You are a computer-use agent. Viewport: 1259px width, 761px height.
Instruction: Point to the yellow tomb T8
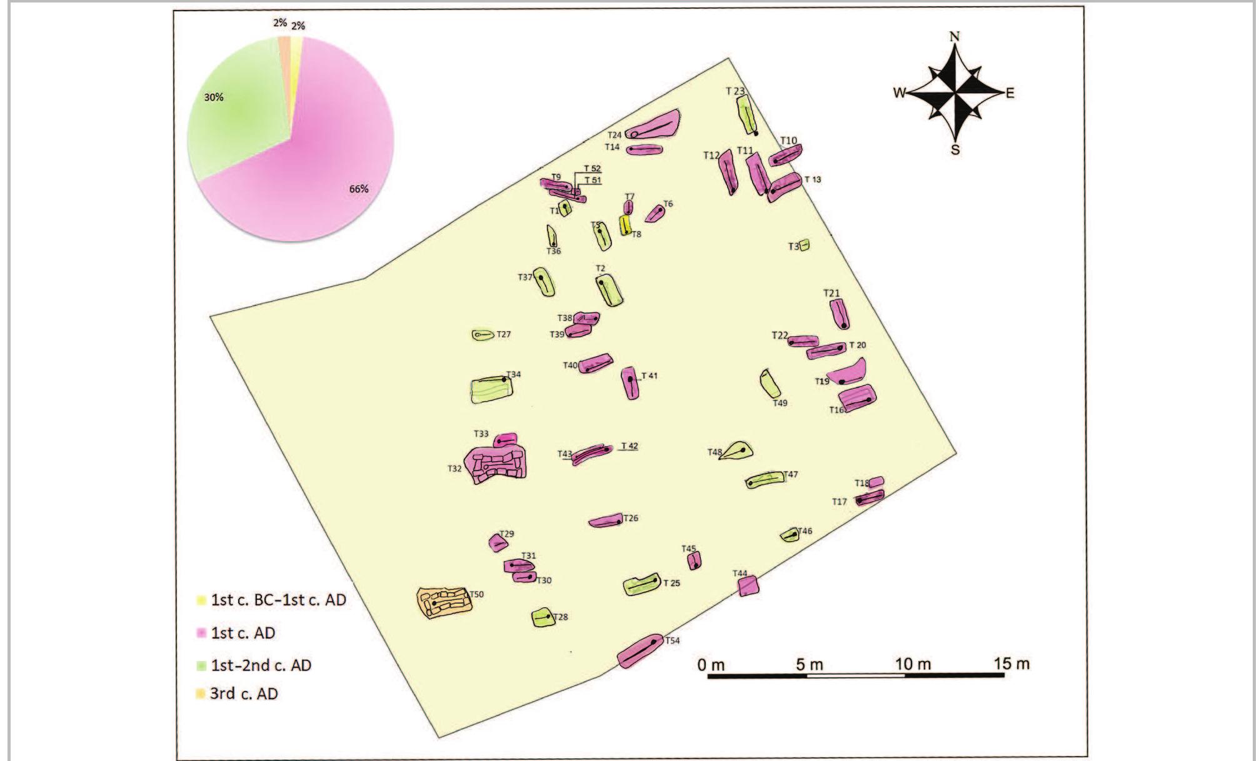624,225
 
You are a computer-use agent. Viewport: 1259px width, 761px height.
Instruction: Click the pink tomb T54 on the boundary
640,651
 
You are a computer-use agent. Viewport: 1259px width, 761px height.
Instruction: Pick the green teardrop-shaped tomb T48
738,450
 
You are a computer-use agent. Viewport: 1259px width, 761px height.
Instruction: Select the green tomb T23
747,116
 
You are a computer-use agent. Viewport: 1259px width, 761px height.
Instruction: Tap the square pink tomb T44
748,586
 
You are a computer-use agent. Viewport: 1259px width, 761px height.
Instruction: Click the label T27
503,335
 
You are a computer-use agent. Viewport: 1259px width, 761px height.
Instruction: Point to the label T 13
813,180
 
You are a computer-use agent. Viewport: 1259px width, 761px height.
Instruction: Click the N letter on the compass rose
955,36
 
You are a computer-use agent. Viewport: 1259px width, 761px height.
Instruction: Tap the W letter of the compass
899,93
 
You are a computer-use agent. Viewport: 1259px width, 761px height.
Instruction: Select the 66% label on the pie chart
358,189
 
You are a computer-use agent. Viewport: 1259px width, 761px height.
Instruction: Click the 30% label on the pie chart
214,97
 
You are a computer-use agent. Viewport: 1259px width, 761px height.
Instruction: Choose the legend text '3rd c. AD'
243,694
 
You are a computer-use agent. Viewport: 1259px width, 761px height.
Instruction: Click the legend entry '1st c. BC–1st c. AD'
278,600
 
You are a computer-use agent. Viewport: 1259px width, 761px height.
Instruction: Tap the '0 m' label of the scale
711,665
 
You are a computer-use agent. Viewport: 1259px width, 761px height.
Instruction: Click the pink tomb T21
840,314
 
